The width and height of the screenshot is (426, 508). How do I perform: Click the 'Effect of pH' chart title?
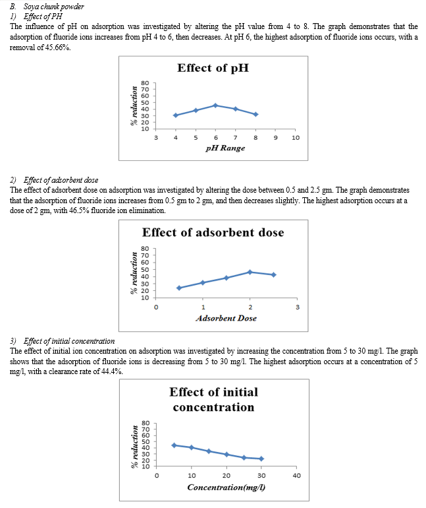click(213, 68)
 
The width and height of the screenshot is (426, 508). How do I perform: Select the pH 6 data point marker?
click(215, 106)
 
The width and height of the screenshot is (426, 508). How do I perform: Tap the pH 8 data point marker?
click(255, 114)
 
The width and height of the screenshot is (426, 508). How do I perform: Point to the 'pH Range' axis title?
click(225, 148)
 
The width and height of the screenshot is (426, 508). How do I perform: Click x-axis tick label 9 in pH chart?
click(275, 138)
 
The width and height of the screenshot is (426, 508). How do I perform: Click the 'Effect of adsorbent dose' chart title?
click(213, 232)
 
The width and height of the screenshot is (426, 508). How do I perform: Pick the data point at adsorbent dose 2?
click(250, 272)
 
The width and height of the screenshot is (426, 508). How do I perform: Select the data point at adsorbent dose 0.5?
click(179, 288)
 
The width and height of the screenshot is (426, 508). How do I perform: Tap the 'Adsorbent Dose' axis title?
click(226, 318)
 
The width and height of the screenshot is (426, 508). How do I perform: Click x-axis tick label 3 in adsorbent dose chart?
click(298, 307)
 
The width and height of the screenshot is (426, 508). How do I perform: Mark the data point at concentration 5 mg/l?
click(174, 445)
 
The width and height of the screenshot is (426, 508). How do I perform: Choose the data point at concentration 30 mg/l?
click(261, 459)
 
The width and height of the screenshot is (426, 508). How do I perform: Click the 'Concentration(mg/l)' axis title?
click(226, 488)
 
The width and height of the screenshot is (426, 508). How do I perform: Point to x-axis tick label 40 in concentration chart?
click(296, 476)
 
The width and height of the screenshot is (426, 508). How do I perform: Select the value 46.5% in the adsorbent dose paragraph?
click(79, 210)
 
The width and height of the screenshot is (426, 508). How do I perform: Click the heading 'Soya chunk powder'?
click(53, 7)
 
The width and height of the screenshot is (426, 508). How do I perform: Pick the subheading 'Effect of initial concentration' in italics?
click(69, 341)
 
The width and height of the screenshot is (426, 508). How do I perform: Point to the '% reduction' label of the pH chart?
click(134, 106)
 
